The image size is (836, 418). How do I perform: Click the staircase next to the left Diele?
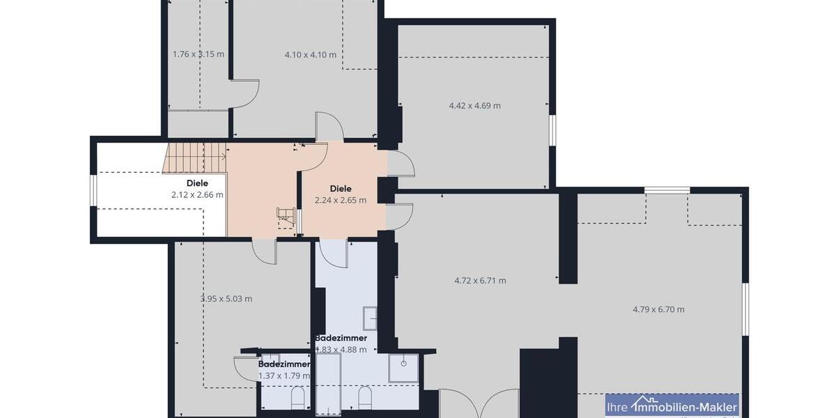(196, 157)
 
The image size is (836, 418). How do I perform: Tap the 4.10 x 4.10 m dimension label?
(311, 54)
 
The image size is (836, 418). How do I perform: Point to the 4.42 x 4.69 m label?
(474, 106)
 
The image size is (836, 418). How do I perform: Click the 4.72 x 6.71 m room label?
(480, 281)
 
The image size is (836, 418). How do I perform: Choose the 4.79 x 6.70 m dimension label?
(658, 309)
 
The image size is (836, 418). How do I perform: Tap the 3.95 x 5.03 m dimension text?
(226, 299)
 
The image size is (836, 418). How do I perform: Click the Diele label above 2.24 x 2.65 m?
(341, 188)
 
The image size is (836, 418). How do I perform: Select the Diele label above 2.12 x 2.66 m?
(197, 183)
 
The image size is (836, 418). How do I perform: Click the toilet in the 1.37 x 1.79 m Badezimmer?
(297, 398)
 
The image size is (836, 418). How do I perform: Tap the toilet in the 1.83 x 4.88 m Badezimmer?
(364, 398)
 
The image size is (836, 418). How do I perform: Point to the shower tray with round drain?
(403, 368)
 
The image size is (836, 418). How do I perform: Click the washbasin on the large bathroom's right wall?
(369, 318)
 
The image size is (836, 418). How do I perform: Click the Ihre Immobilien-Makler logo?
(672, 405)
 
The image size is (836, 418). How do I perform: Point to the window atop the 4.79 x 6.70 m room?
(667, 189)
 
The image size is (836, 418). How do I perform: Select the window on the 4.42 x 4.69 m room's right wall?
(552, 130)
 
